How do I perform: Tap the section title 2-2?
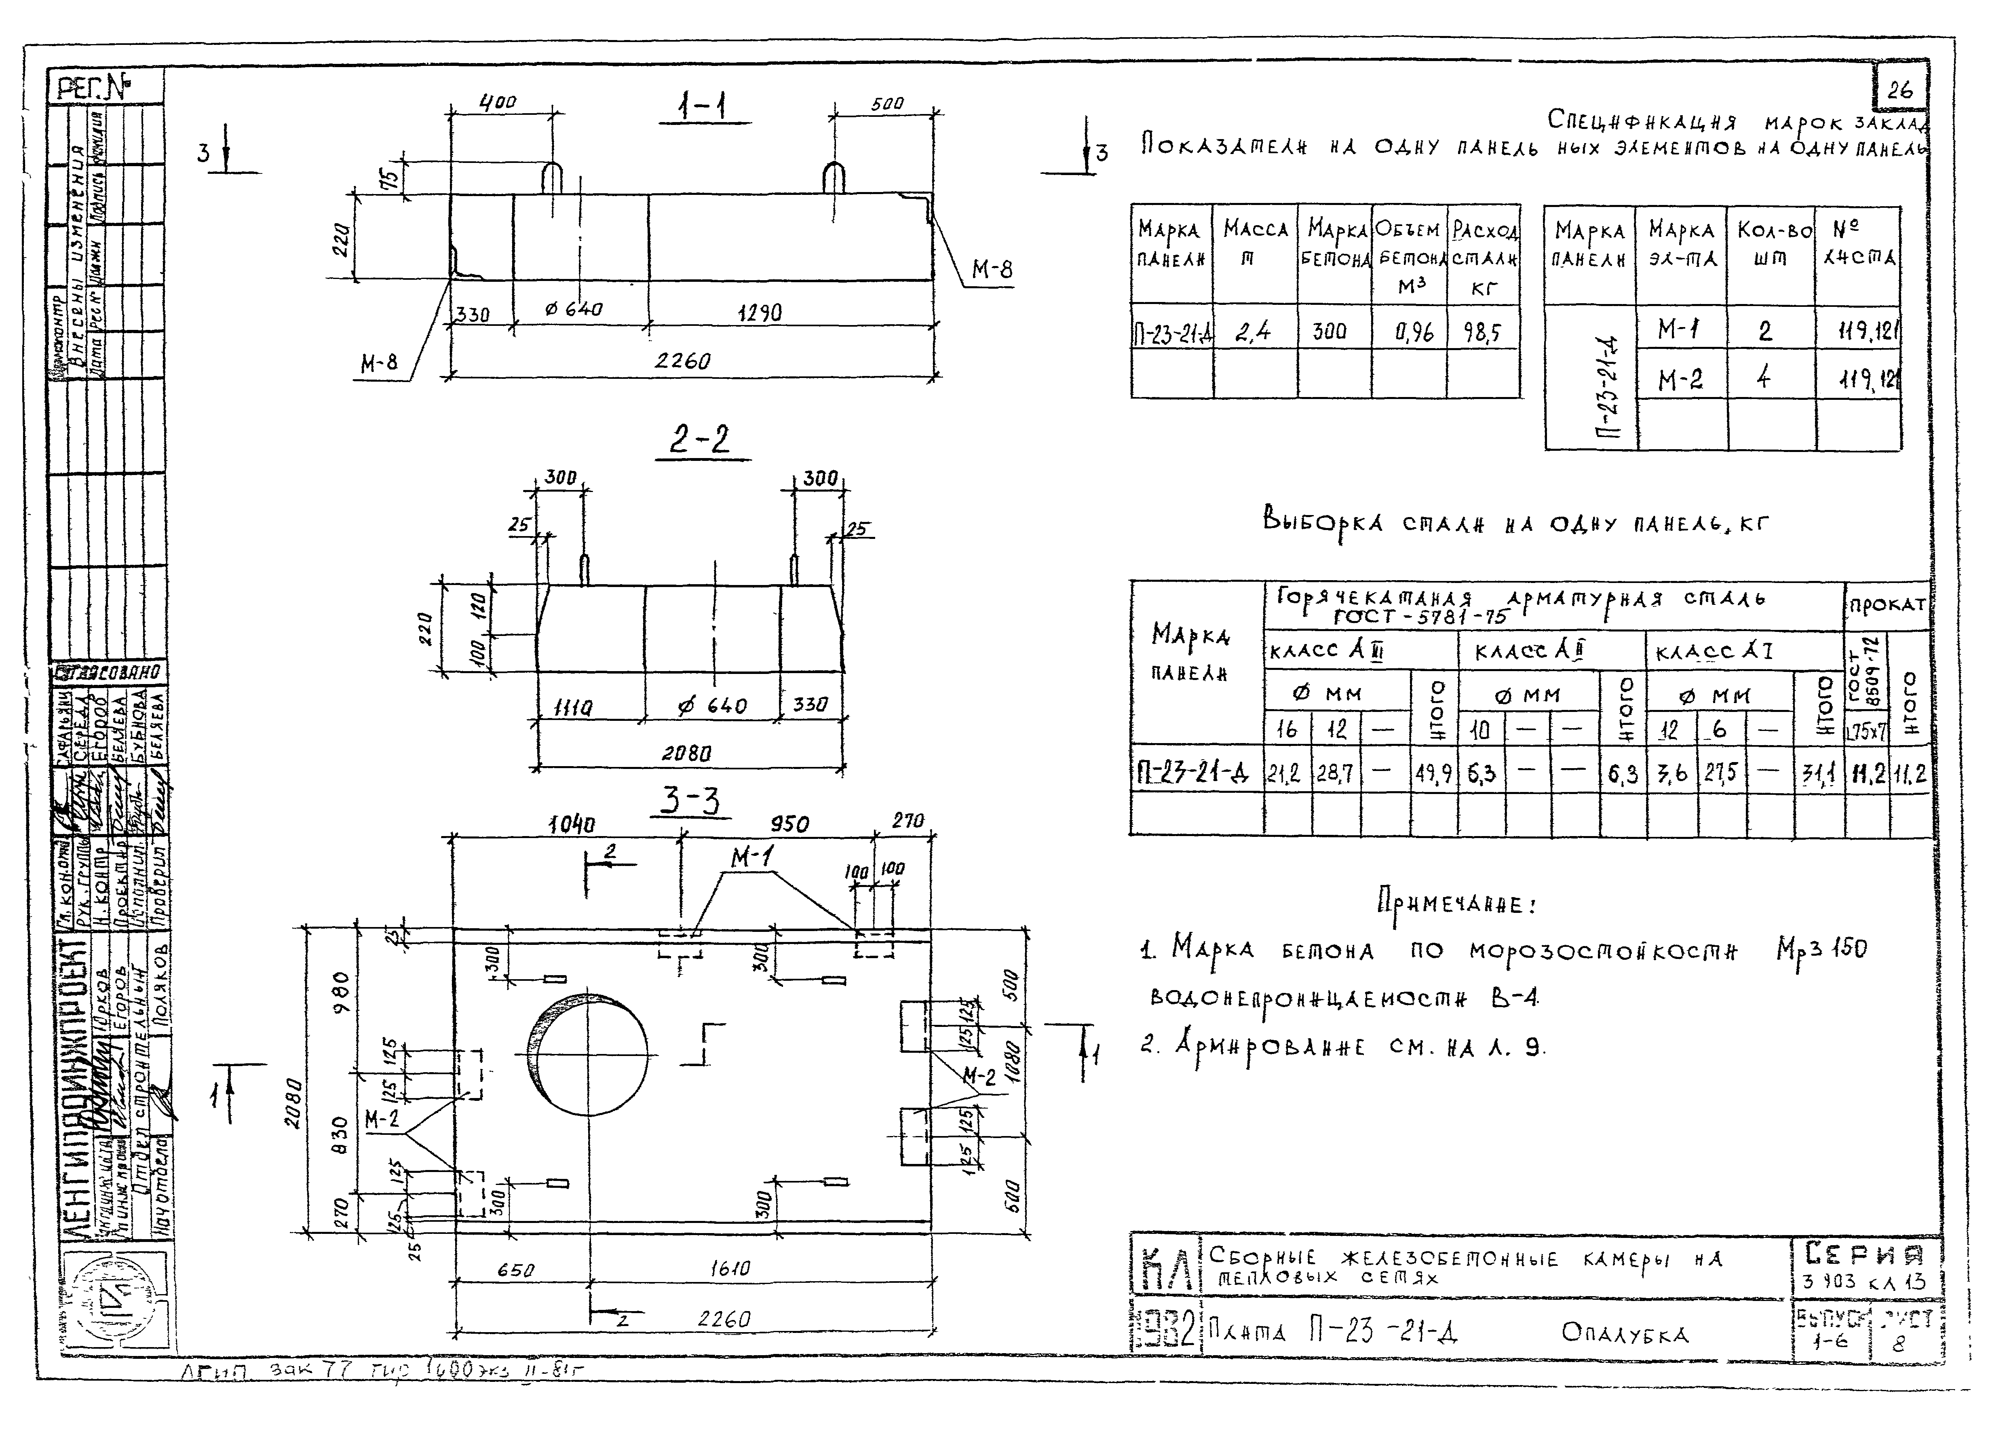pos(700,439)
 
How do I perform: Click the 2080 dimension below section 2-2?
pos(686,753)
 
